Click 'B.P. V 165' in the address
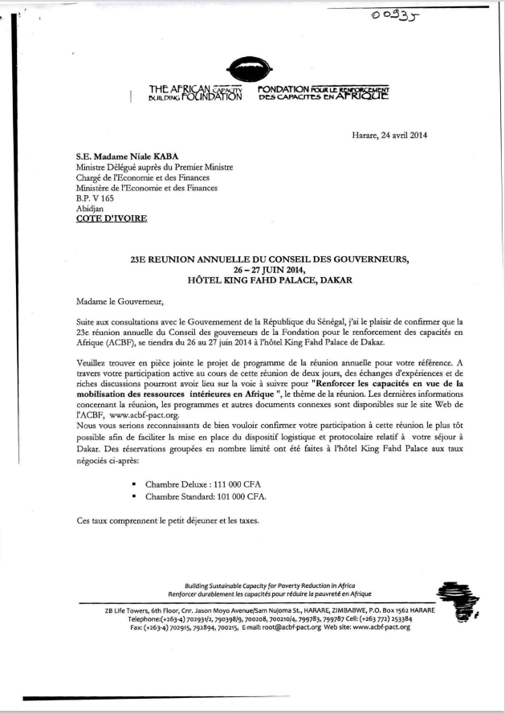coord(94,197)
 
